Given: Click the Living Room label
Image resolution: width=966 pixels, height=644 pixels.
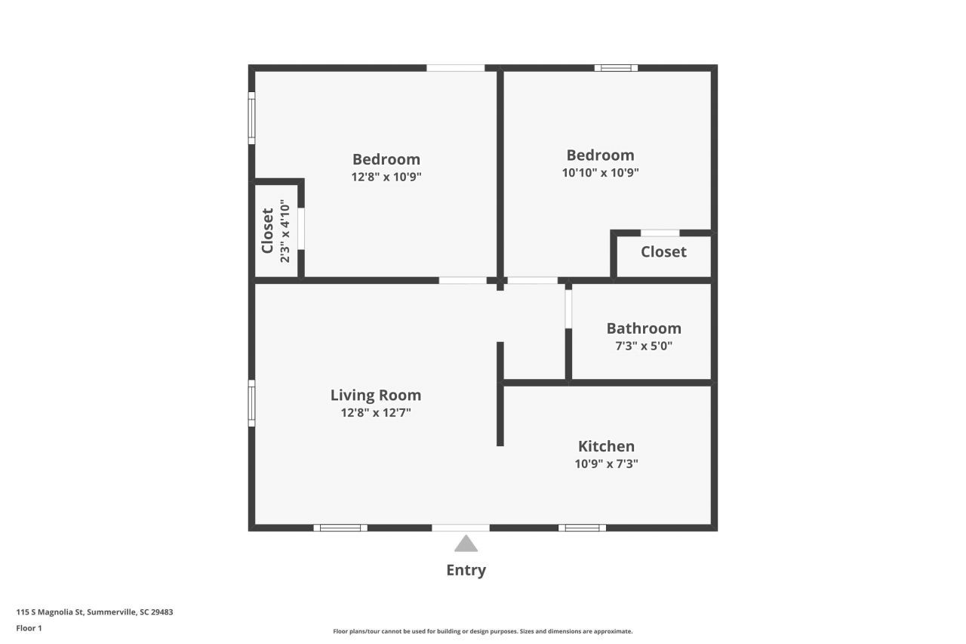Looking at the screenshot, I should tap(376, 395).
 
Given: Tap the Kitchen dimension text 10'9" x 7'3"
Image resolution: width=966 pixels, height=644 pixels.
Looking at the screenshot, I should tap(606, 464).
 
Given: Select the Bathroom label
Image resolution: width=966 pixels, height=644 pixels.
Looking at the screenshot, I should tap(644, 328).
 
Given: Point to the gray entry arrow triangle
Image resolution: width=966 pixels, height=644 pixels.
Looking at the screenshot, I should tap(466, 544).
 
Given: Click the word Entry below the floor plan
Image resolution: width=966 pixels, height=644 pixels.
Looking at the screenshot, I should tap(466, 570).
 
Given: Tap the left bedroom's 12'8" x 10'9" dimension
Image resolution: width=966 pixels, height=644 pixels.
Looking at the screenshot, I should tap(386, 177).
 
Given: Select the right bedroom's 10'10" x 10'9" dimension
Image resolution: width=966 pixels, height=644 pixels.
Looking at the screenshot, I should tap(601, 172).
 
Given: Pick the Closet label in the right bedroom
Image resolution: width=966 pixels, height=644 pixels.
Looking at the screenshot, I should tap(663, 251).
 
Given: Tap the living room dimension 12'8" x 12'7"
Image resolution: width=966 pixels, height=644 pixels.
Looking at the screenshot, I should tap(376, 413).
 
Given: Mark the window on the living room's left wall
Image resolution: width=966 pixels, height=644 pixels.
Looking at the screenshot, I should tap(252, 403).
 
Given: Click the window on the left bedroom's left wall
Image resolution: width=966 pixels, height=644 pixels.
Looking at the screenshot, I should tap(252, 118).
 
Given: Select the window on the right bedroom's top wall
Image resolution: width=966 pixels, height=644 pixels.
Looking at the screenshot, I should tap(616, 68).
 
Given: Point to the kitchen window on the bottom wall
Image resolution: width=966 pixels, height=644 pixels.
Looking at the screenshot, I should tap(582, 528).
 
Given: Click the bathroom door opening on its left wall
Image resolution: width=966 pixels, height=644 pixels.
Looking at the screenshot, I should tap(568, 308).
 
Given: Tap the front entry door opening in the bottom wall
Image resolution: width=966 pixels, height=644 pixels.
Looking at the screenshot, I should tap(460, 528).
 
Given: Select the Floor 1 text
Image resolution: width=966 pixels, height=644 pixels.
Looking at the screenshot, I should tap(29, 628).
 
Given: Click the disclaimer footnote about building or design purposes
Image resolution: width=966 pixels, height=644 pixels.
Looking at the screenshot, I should tap(483, 631).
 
